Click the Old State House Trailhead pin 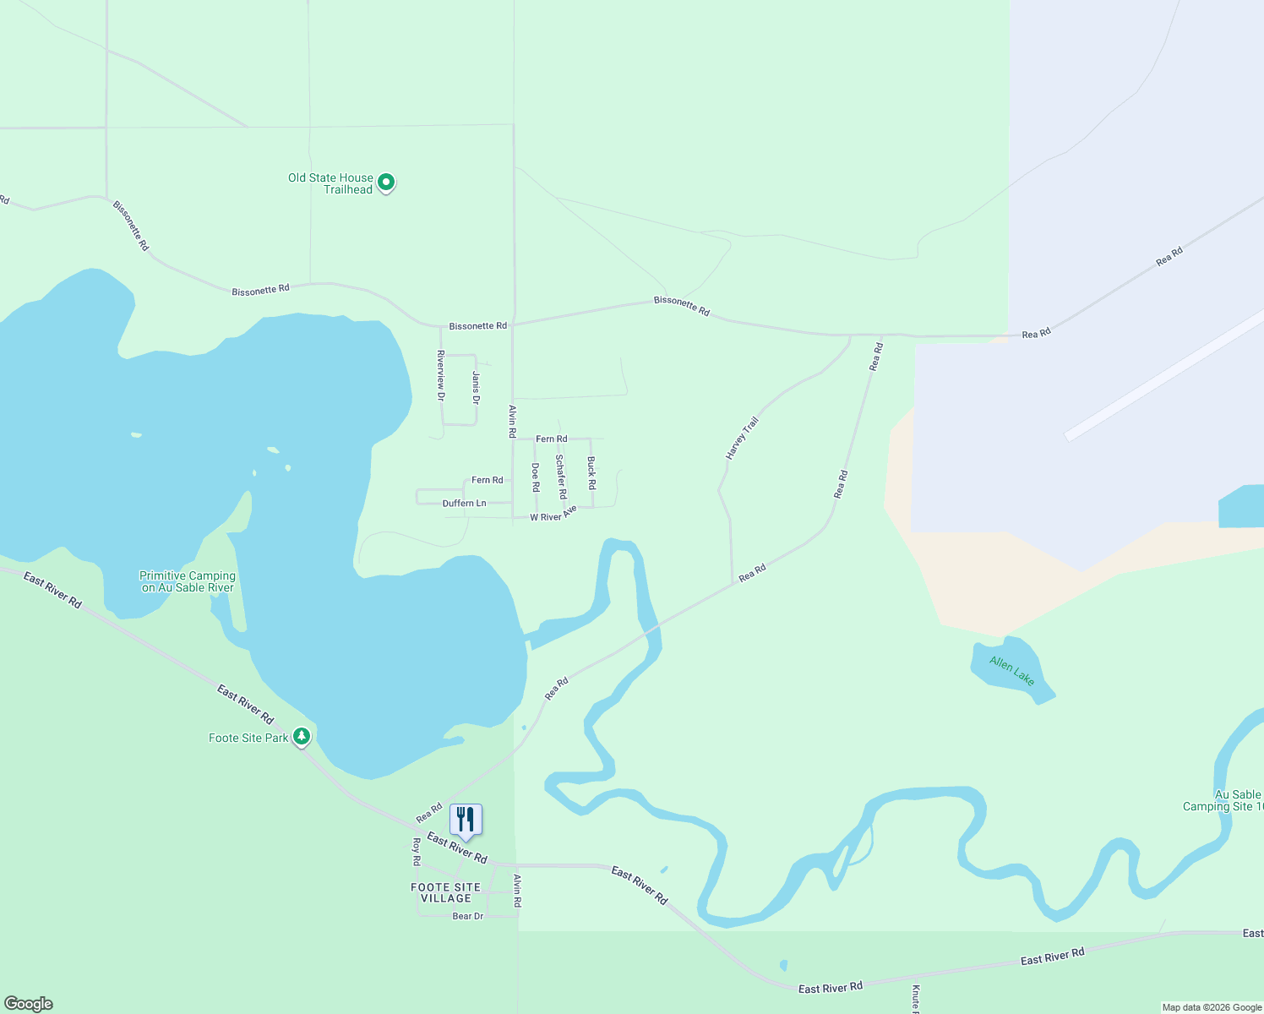pos(386,183)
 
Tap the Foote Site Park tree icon pos(302,737)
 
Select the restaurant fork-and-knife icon pos(466,819)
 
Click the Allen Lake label pos(1012,671)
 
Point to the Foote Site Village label pos(445,893)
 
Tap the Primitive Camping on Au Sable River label pos(188,581)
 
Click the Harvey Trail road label pos(742,439)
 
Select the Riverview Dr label pos(440,375)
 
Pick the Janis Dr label pos(476,387)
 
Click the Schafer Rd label pos(560,477)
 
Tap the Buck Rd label pos(591,473)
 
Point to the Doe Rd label pos(535,477)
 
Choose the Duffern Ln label pos(464,504)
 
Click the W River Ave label pos(553,514)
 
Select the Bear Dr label pos(467,916)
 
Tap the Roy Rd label pos(416,852)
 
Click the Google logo pos(29,1004)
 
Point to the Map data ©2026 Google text pos(1212,1007)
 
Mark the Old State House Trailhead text pos(330,183)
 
